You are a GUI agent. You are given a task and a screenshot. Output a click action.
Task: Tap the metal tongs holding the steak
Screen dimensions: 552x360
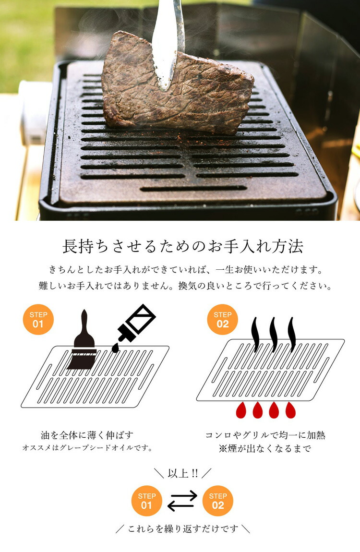click(168, 38)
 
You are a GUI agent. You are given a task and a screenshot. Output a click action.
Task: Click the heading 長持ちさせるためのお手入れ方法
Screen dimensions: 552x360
click(183, 246)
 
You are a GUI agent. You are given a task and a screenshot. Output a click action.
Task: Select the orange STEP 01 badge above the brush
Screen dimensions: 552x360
click(38, 319)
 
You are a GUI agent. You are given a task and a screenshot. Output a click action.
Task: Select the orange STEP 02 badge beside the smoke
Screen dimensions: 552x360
click(222, 319)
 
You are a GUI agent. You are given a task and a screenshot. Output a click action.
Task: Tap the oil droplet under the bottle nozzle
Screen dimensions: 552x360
click(115, 347)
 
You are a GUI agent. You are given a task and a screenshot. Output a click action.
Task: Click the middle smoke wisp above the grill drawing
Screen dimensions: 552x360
click(274, 334)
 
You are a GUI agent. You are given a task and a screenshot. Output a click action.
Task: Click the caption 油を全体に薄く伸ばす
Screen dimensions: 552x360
click(88, 435)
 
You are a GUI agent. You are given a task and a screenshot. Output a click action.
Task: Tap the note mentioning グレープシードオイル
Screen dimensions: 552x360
click(88, 448)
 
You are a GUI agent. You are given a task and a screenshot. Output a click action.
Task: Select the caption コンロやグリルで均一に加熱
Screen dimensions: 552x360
click(265, 435)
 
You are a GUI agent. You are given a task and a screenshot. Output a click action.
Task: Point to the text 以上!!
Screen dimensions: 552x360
click(183, 473)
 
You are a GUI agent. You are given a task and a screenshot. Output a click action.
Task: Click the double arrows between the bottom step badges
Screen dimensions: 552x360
click(182, 501)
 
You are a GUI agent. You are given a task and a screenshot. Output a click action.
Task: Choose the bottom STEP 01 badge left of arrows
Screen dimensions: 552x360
click(147, 501)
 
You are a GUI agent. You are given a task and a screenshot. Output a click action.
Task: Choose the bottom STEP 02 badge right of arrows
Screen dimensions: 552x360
click(218, 501)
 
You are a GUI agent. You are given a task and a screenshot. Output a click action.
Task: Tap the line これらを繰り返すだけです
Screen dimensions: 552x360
click(183, 529)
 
